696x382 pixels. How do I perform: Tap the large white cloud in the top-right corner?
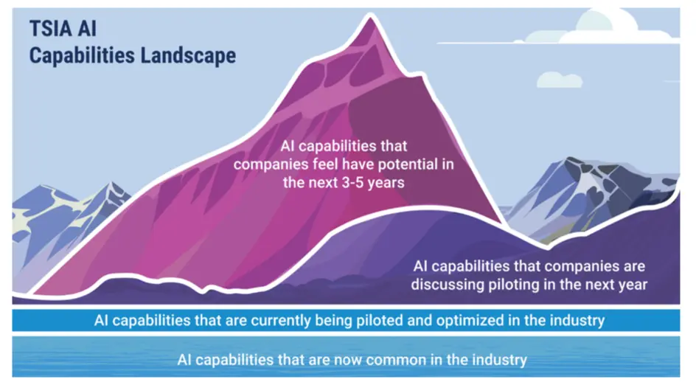pos(630,27)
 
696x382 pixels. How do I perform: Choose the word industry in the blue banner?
pos(579,322)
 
